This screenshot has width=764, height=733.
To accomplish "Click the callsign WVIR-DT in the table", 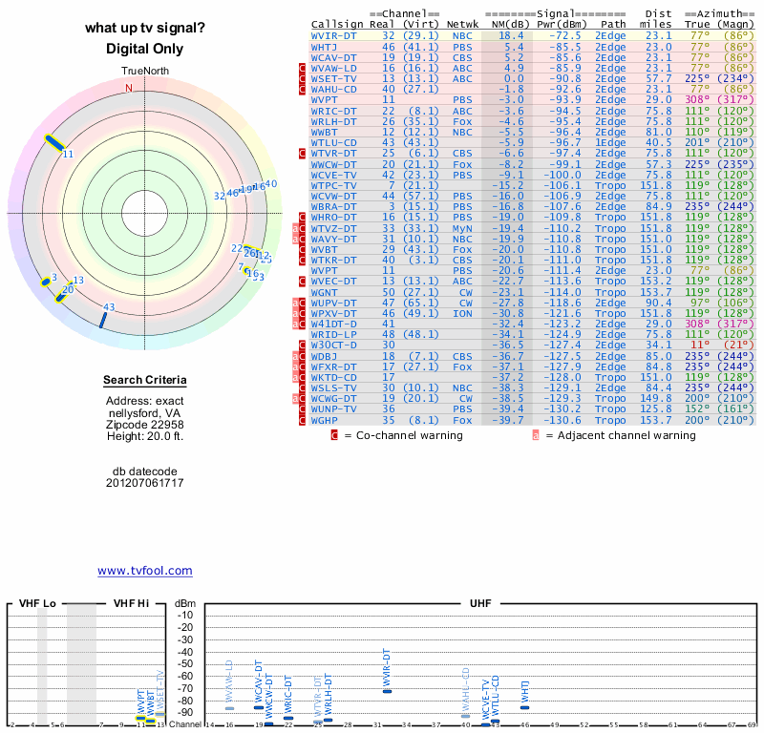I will pos(335,35).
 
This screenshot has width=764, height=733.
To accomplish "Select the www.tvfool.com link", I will pos(145,571).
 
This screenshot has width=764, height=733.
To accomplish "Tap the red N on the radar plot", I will pos(129,88).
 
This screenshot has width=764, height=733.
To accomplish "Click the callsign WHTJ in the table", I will pos(326,46).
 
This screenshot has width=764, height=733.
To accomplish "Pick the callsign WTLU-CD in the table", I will pos(335,142).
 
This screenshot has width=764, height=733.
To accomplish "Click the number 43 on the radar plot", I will pos(109,307).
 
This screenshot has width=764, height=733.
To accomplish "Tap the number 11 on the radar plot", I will pos(68,154).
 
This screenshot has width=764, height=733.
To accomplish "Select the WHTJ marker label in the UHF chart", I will pos(524,691).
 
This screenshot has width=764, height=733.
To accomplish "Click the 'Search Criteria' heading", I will pos(145,381).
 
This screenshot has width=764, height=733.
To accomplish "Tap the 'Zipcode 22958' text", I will pos(145,425).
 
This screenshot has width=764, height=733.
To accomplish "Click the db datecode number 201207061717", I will pos(145,483).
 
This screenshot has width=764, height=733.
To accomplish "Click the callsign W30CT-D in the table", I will pos(335,345).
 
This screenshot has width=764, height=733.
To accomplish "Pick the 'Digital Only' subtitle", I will pos(145,49).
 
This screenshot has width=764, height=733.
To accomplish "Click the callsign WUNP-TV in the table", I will pos(335,408).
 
